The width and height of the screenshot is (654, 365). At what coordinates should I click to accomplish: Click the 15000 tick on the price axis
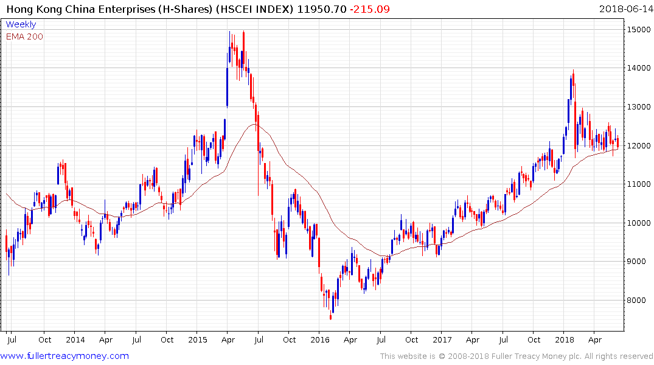click(x=637, y=29)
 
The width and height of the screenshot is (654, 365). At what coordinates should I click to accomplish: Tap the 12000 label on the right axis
click(x=637, y=146)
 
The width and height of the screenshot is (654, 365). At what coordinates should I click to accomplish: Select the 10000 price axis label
click(x=637, y=223)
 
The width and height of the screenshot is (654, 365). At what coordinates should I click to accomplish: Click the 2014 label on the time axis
click(x=75, y=339)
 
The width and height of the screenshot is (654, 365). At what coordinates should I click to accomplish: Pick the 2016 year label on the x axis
click(x=320, y=339)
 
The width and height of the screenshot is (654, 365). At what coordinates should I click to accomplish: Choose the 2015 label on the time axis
click(x=198, y=339)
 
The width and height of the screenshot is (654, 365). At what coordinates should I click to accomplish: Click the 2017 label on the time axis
click(x=442, y=339)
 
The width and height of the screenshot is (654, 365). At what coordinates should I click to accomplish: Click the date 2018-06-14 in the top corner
click(x=625, y=9)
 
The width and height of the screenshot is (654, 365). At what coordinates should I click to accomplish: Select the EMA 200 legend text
click(x=24, y=36)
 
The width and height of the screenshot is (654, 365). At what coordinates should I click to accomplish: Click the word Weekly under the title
click(x=21, y=25)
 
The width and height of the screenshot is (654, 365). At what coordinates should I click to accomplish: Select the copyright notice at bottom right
click(x=517, y=356)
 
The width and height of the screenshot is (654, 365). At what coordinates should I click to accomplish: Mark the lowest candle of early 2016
click(x=331, y=315)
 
